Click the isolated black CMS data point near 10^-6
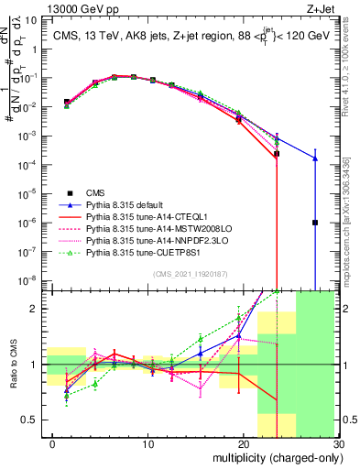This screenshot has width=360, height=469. point(315,223)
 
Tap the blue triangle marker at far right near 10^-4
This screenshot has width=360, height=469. point(315,158)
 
